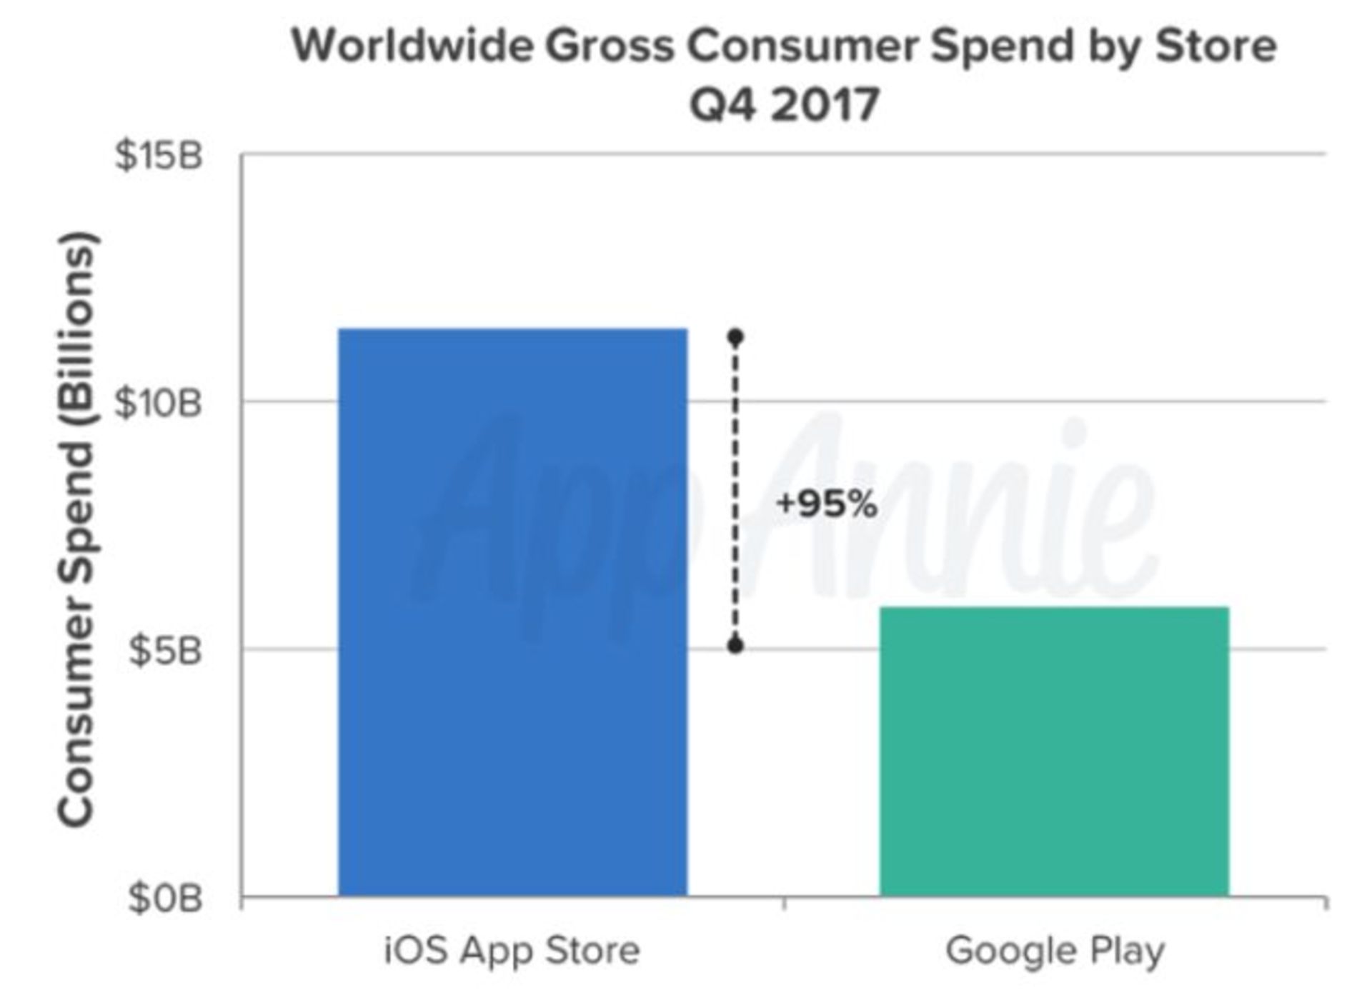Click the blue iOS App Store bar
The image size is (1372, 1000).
point(512,612)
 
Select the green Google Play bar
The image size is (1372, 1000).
point(1054,751)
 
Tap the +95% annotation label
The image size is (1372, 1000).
point(827,504)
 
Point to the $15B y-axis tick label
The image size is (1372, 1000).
point(159,156)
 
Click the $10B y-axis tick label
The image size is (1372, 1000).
point(159,404)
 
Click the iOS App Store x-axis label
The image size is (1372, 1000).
point(512,951)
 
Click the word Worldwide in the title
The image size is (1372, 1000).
point(412,46)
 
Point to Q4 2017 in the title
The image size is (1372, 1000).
point(784,104)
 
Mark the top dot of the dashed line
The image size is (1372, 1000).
point(735,337)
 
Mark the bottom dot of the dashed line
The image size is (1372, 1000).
point(735,646)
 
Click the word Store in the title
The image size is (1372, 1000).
point(1216,46)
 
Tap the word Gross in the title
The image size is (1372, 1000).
point(609,46)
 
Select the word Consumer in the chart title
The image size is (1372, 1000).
point(802,46)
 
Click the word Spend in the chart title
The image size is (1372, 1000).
point(1003,47)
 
